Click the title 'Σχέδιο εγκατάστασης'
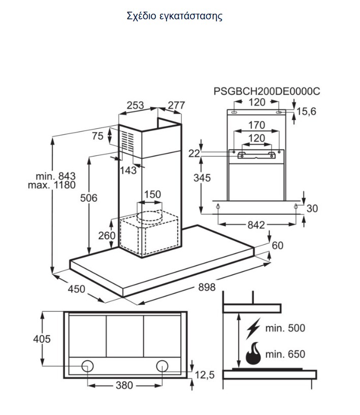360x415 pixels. coord(174,16)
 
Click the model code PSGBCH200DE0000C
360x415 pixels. coord(267,91)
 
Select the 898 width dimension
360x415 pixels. coord(207,287)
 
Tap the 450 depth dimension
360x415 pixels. coord(77,289)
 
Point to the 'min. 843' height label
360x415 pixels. coord(55,176)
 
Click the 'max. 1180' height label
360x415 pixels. coord(52,185)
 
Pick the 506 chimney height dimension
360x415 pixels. coord(89,198)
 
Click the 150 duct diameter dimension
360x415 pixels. coord(152,194)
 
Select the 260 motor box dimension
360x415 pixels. coord(107,235)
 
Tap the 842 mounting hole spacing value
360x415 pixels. coord(256,225)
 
